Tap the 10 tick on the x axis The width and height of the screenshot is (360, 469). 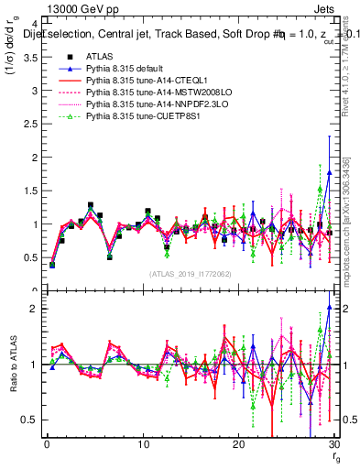[x=143, y=445]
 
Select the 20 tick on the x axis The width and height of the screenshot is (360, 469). [x=239, y=445]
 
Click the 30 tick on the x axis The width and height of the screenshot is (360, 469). [x=334, y=445]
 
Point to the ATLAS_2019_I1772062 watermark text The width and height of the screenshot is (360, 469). [x=191, y=274]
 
